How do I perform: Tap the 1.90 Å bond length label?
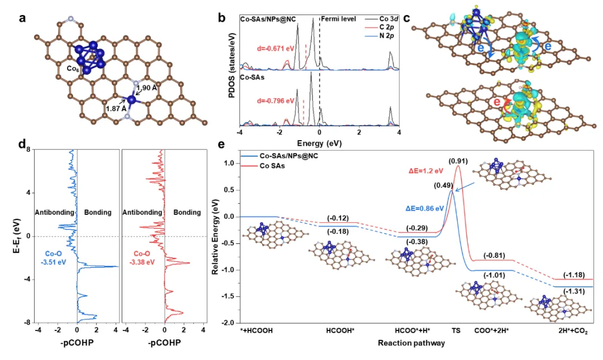147,88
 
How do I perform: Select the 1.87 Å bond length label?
116,110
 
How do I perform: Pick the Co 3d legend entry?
382,19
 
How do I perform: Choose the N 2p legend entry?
382,36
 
